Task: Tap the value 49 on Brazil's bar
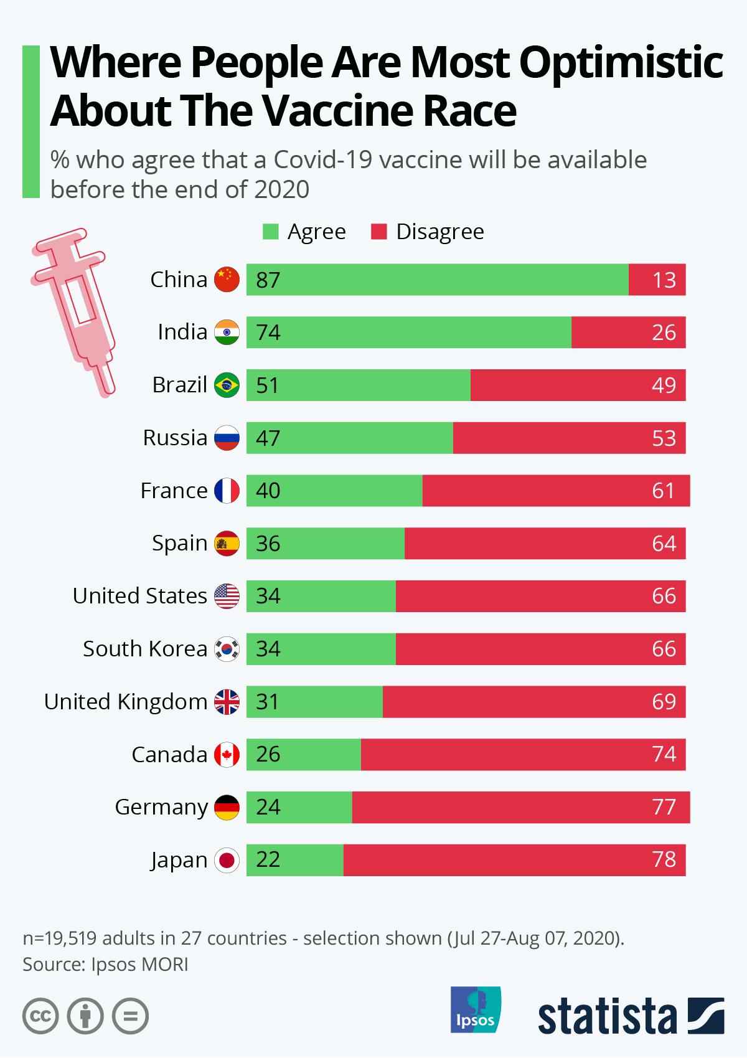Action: [x=664, y=385]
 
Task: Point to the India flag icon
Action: [x=227, y=333]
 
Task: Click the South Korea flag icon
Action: [x=227, y=649]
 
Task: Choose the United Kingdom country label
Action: [x=125, y=702]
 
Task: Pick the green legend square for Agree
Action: [x=271, y=232]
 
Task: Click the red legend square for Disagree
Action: [x=378, y=232]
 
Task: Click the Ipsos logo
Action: [x=476, y=1009]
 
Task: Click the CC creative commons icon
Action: [x=40, y=1016]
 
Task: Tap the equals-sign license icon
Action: [x=130, y=1016]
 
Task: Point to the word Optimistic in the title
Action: [x=621, y=63]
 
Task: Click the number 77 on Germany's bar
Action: [x=664, y=807]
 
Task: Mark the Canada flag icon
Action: [x=227, y=755]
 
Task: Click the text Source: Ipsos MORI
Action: [x=105, y=965]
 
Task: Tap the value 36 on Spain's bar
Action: [x=268, y=544]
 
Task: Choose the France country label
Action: [x=174, y=491]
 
